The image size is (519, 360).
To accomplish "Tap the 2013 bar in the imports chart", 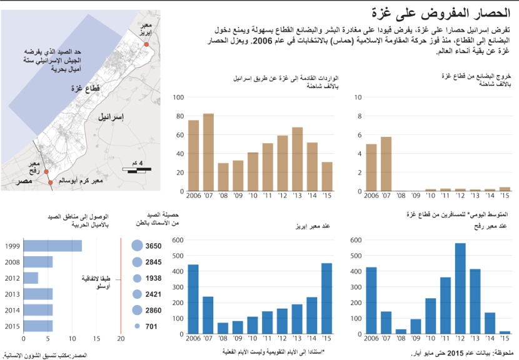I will point(298,159).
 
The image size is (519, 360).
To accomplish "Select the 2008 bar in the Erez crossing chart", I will point(223,328).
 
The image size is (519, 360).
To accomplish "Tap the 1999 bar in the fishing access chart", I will point(52,246).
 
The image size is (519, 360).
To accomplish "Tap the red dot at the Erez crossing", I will point(147,45).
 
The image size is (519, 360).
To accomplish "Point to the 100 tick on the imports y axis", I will point(178,97).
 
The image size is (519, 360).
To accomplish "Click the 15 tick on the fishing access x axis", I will point(97,338).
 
